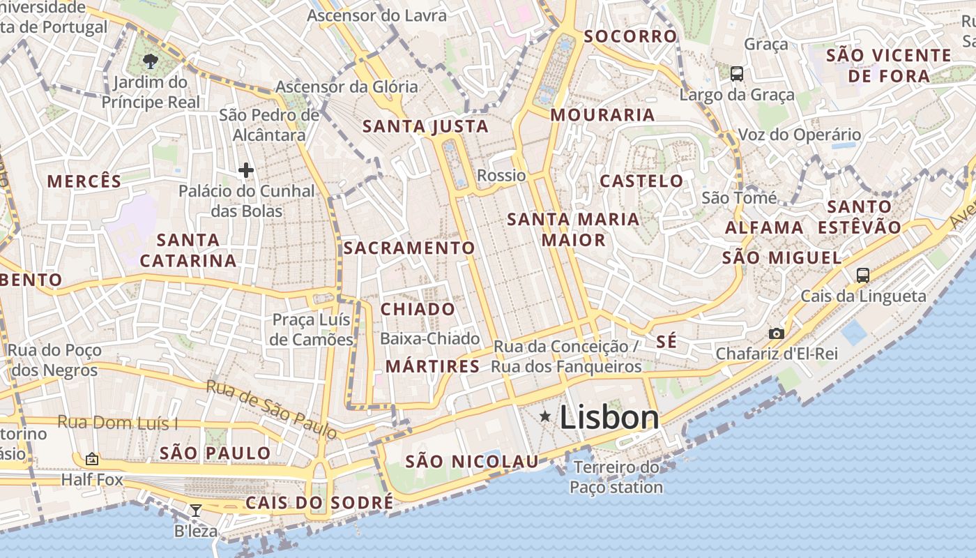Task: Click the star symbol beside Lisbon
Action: [x=545, y=416]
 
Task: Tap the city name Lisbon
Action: [x=609, y=418]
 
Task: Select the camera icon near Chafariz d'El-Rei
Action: [x=776, y=333]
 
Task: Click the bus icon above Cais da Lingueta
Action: [x=863, y=275]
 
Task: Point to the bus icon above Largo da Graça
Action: [x=737, y=73]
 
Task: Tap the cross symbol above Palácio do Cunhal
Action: [x=245, y=169]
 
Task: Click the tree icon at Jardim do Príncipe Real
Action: [x=150, y=61]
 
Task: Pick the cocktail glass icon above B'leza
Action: [x=196, y=511]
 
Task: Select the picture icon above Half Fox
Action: [x=91, y=459]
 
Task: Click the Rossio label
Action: [x=501, y=175]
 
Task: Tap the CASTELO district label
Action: [x=642, y=181]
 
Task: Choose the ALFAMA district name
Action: [x=765, y=228]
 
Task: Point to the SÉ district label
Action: [x=666, y=342]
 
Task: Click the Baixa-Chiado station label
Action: [x=430, y=339]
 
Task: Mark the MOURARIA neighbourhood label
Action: [x=603, y=115]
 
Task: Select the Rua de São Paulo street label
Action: [x=272, y=409]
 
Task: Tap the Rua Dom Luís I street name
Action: [x=117, y=422]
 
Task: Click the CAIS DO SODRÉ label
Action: [x=319, y=503]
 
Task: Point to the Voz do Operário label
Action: [x=800, y=135]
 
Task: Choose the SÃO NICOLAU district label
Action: [x=472, y=461]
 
